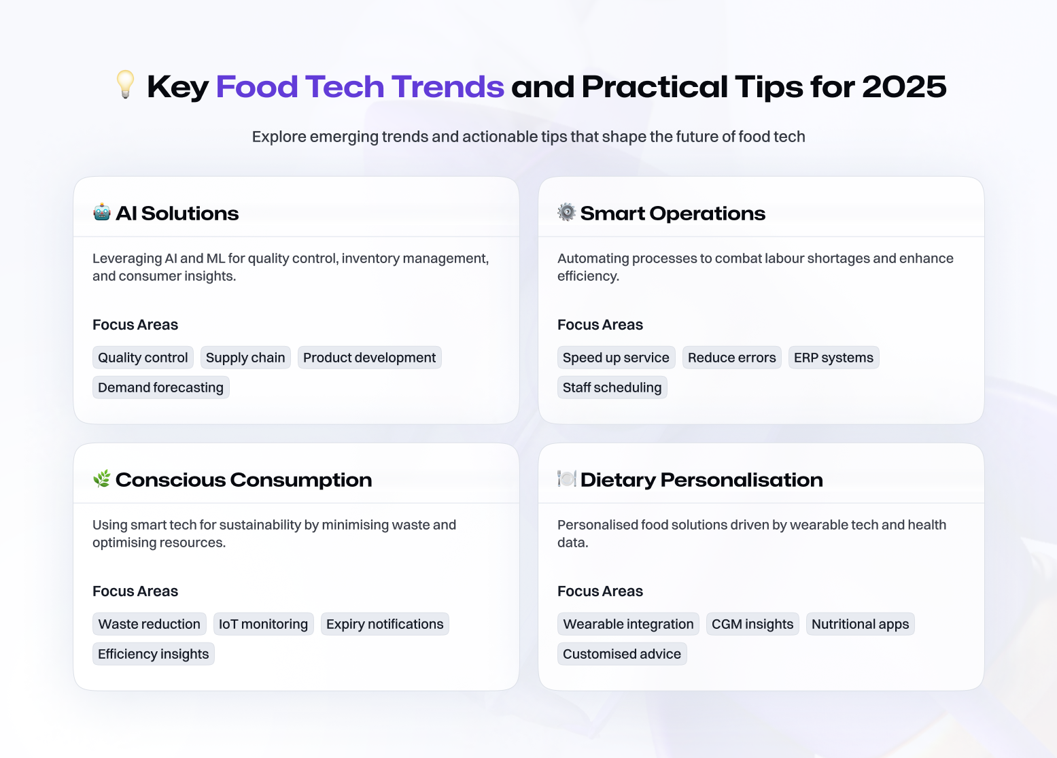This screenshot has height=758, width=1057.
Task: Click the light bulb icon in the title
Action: (125, 84)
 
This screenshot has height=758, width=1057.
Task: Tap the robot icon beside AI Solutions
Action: (102, 212)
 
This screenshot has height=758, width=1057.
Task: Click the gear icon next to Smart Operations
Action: (566, 212)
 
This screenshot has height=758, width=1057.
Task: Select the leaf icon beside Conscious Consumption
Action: (102, 479)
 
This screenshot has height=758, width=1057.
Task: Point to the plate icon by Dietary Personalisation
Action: (566, 479)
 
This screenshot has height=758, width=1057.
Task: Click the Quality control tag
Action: (143, 358)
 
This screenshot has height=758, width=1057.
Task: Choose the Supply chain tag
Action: (245, 358)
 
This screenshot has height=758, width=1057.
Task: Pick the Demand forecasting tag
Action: (161, 387)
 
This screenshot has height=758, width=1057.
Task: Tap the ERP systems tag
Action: (833, 358)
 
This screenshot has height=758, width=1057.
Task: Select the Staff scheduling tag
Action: (612, 387)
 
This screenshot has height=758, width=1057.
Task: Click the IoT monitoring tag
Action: (263, 624)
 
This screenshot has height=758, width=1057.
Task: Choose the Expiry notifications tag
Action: (385, 624)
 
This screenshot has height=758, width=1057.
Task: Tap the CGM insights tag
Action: (752, 624)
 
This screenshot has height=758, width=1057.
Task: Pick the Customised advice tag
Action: (622, 654)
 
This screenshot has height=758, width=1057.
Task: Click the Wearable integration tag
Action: (628, 624)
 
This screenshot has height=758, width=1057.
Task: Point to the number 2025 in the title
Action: (904, 87)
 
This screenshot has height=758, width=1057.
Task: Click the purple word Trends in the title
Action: (448, 87)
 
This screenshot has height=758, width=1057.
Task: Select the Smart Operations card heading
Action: (672, 213)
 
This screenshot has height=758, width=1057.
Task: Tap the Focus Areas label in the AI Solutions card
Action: (135, 325)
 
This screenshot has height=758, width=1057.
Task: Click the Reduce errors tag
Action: (732, 358)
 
